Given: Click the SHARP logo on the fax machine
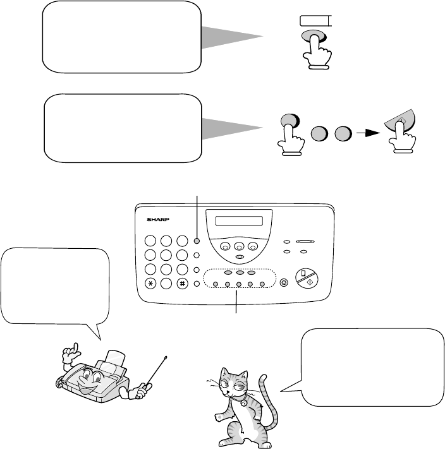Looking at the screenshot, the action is [x=158, y=220].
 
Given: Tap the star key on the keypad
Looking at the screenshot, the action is [x=150, y=284].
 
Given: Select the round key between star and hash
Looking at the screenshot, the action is [x=166, y=284].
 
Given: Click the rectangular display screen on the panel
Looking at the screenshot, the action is [x=239, y=221].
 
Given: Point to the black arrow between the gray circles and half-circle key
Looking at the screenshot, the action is [x=369, y=133].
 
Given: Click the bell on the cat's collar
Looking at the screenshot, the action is [x=244, y=403].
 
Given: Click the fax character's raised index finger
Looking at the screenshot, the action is [x=76, y=347].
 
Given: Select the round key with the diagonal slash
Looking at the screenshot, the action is [x=307, y=278].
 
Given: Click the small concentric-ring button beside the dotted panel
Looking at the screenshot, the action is [x=284, y=283].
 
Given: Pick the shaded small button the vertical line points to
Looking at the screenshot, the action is [x=197, y=241].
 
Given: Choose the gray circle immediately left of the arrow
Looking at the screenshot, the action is [x=343, y=133].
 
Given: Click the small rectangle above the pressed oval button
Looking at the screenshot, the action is [x=316, y=21].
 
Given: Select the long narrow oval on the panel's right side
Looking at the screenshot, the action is [x=305, y=242].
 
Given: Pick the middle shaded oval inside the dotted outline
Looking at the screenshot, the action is [x=240, y=273].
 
